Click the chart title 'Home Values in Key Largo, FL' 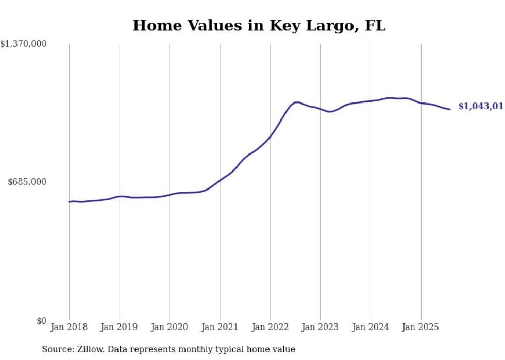pos(259,25)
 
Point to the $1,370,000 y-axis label pos(23,44)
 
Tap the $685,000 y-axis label pos(27,182)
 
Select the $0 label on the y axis pos(41,321)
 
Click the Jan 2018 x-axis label pos(69,327)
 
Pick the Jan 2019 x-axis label pos(120,327)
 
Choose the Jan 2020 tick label pos(170,327)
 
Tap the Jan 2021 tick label pos(220,327)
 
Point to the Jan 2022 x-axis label pos(270,327)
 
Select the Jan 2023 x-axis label pos(320,327)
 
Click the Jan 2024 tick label pos(371,327)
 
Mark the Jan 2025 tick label pos(420,327)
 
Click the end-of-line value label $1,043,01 pos(480,106)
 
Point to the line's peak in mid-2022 pos(296,102)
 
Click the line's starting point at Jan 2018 pos(69,201)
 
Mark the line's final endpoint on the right pos(450,109)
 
